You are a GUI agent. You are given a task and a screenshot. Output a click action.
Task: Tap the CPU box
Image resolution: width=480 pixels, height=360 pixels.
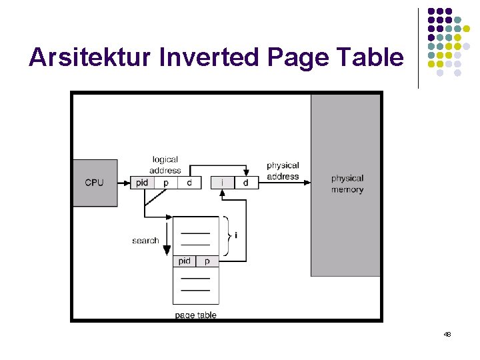[x=95, y=183]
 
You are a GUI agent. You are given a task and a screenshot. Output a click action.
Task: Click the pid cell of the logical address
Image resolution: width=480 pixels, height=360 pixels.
[x=141, y=183]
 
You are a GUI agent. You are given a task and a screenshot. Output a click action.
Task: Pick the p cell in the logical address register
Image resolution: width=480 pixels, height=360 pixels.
[x=166, y=183]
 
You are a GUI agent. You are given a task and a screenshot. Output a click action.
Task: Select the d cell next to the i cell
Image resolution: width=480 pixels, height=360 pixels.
[x=246, y=183]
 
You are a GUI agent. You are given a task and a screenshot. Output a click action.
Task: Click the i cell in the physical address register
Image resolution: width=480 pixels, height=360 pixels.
[x=223, y=183]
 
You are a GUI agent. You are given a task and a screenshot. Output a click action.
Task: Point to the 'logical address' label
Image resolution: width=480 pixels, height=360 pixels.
[x=165, y=165]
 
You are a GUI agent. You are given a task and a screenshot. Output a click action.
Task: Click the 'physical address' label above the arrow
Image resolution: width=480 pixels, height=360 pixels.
[x=283, y=171]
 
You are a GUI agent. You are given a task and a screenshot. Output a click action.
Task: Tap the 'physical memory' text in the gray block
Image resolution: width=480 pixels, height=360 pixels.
[x=347, y=184]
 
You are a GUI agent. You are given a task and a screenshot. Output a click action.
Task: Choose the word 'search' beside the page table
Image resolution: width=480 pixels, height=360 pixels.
[x=145, y=241]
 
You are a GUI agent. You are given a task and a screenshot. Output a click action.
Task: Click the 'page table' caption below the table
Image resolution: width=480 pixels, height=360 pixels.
[x=195, y=315]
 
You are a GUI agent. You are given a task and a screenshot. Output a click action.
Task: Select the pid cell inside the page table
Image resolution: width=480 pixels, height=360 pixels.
[x=185, y=261]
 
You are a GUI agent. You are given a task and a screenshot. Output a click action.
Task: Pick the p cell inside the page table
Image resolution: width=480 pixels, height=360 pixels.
[x=207, y=261]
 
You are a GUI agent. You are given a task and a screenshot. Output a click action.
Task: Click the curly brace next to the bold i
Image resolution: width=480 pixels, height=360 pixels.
[x=227, y=235]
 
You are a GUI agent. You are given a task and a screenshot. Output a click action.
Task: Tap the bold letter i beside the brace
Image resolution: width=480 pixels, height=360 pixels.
[x=236, y=235]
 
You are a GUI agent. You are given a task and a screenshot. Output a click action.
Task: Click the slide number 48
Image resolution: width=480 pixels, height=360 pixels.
[x=447, y=334]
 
